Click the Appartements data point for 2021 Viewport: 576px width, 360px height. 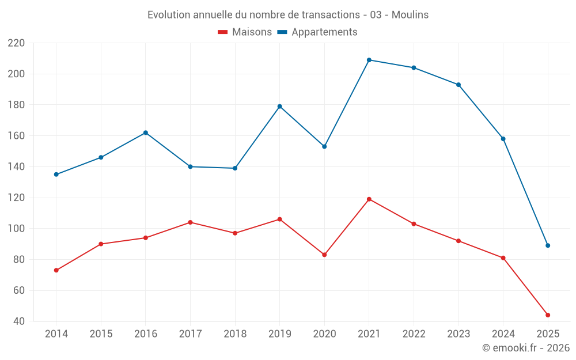(369, 60)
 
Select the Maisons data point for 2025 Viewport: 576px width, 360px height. (548, 315)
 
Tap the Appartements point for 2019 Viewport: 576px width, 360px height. (280, 106)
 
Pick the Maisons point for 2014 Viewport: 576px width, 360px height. (56, 270)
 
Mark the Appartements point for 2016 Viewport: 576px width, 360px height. (146, 132)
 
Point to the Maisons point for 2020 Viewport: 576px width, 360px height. (324, 255)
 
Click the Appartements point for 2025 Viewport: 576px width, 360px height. (548, 245)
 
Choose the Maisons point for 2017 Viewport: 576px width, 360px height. (190, 222)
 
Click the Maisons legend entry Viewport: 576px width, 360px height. (245, 32)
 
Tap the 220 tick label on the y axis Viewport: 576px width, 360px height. (16, 43)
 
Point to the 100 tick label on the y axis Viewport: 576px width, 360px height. (16, 229)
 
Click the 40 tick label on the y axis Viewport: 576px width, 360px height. (19, 321)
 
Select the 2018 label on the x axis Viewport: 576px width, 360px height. (235, 334)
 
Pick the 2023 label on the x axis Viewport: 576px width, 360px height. (458, 334)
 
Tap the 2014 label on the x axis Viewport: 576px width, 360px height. (56, 334)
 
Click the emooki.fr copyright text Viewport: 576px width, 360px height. (526, 348)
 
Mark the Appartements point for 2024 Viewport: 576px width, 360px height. (503, 139)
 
